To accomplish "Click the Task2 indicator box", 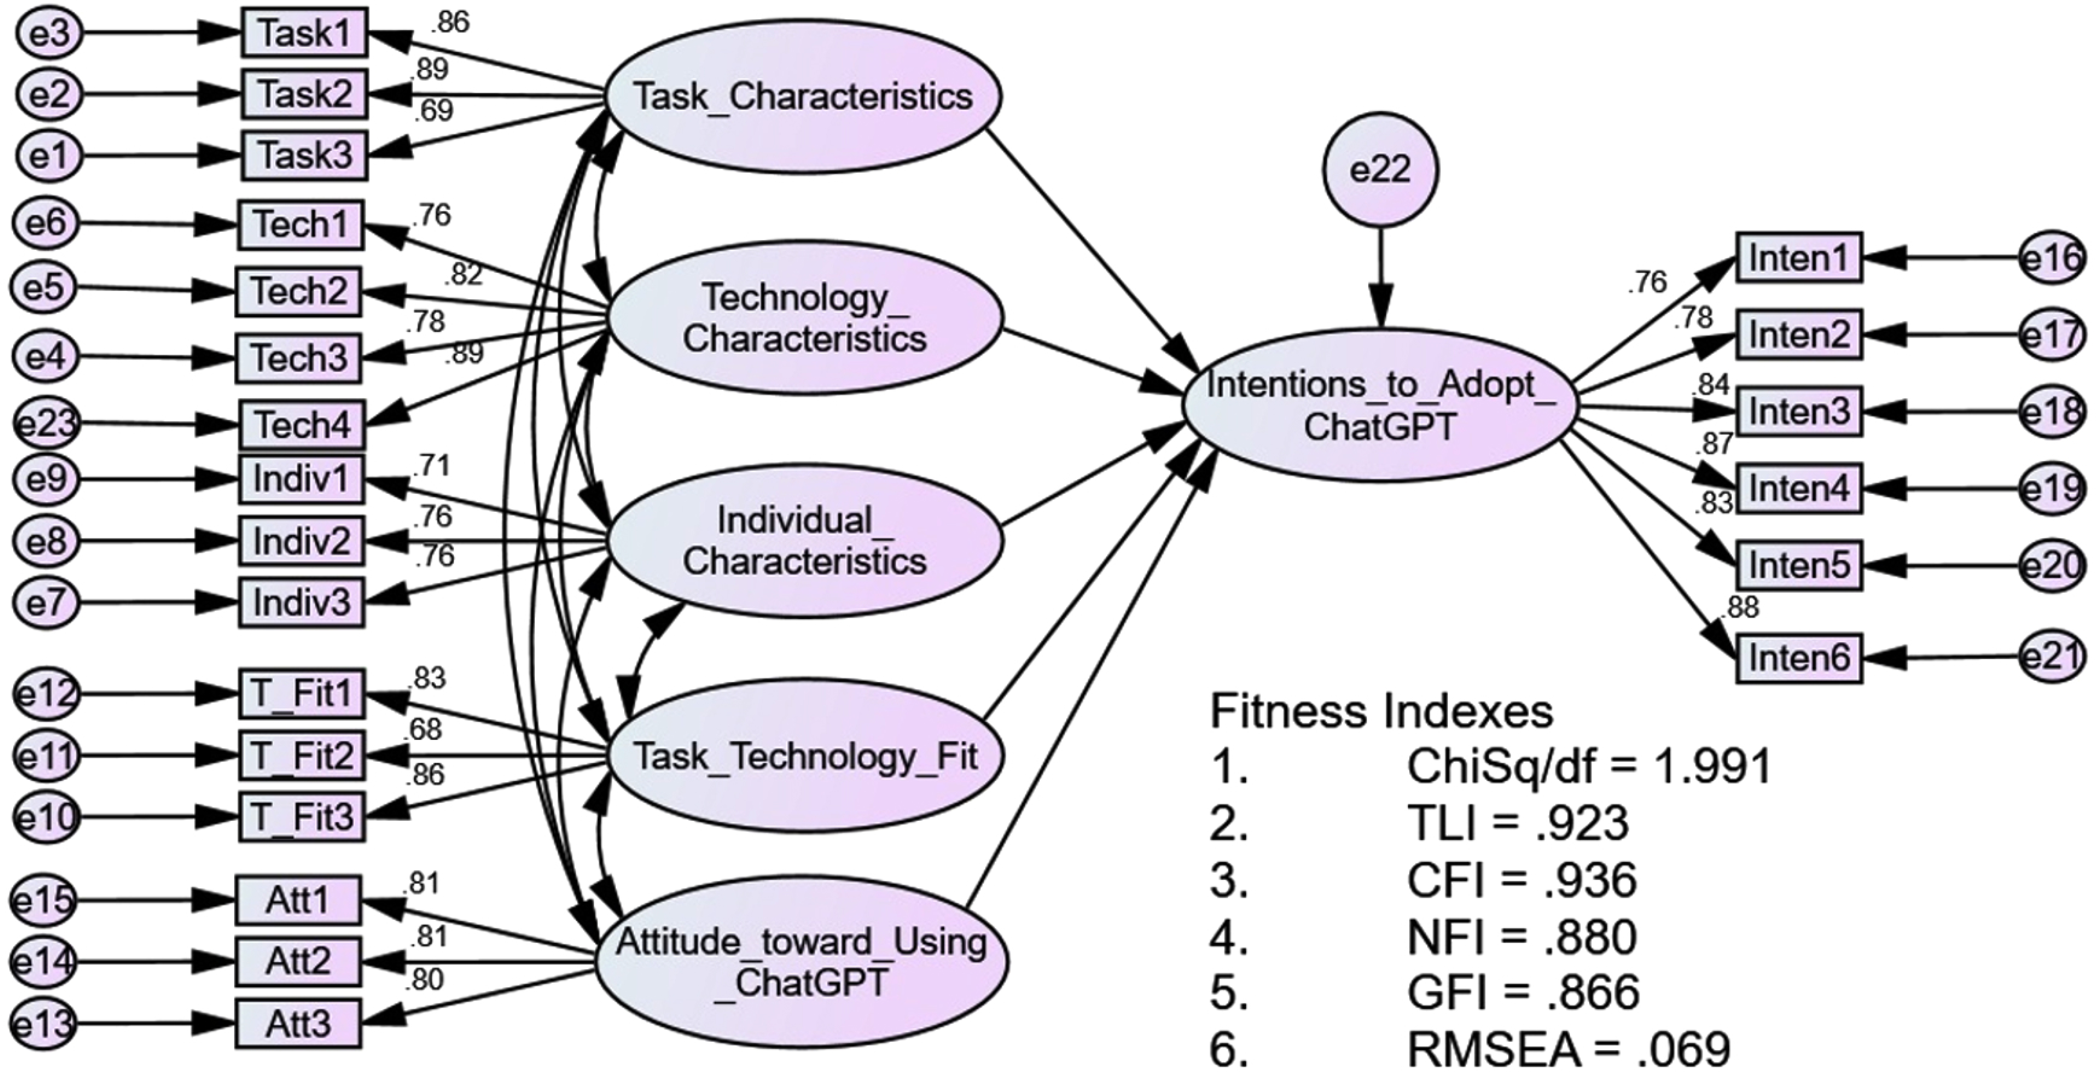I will click(x=304, y=94).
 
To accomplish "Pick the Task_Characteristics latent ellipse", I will click(x=802, y=96).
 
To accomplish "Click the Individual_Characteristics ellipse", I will click(x=804, y=541).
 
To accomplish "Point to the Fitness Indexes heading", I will click(x=1381, y=711).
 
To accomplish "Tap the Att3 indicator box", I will click(x=298, y=1023).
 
